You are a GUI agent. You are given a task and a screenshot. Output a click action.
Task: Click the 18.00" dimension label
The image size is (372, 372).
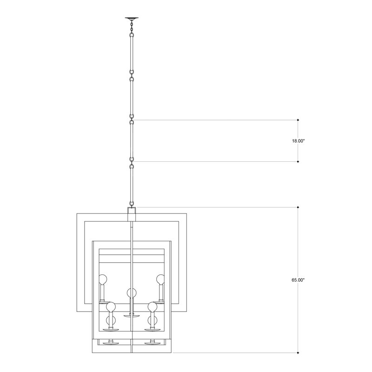coord(298,141)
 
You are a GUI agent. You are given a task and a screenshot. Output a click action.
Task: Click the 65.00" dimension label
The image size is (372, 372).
coord(298,280)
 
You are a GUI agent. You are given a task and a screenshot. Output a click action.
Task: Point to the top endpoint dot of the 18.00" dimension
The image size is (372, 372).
coord(298,120)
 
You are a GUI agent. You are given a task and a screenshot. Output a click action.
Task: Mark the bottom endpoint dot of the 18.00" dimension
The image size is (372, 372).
coord(298,162)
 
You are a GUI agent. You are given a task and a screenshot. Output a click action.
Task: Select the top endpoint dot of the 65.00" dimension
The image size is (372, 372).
coord(298,207)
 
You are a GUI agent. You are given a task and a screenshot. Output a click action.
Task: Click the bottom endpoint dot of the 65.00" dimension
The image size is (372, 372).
coord(298,352)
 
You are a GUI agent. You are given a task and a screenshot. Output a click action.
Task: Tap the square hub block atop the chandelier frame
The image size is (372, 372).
coord(132,214)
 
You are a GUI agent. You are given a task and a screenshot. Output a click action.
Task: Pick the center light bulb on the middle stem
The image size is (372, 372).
coord(132,293)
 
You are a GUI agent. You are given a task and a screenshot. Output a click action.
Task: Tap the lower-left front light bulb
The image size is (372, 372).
coord(111,307)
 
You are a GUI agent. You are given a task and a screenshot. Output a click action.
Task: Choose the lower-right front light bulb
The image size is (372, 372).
coord(153,307)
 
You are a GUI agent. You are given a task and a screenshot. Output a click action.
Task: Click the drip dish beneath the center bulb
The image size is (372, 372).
coord(132,315)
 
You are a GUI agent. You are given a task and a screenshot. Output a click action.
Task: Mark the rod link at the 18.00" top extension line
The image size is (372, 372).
coord(132,118)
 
